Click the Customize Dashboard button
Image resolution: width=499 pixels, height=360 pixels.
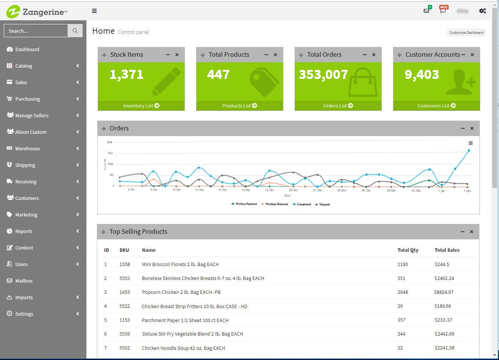[x=466, y=33]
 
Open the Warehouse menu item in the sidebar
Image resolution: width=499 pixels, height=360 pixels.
[x=27, y=148]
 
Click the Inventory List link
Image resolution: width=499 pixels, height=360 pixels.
[x=141, y=106]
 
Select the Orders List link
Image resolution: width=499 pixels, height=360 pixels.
[x=338, y=106]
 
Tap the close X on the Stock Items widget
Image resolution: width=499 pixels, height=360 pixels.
[x=177, y=55]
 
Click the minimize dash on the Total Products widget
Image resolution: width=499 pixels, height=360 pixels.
[x=266, y=55]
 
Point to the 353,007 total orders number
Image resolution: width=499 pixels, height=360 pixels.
[x=323, y=75]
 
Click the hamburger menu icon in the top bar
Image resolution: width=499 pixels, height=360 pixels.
[x=94, y=11]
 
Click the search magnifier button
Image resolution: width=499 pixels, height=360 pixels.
[x=75, y=31]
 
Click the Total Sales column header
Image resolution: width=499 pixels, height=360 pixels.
[x=447, y=250]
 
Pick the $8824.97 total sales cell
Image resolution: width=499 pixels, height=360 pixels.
[x=444, y=292]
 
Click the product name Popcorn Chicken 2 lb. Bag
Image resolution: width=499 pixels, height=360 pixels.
[x=181, y=292]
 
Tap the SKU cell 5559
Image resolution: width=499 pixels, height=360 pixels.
[x=125, y=334]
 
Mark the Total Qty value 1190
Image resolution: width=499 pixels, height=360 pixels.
[x=402, y=265]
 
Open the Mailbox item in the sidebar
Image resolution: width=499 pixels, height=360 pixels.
[x=24, y=281]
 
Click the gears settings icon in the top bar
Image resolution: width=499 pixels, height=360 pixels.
[x=482, y=11]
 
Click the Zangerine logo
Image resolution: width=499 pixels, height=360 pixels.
[x=37, y=12]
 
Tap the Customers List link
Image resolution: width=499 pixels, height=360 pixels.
[x=436, y=106]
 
